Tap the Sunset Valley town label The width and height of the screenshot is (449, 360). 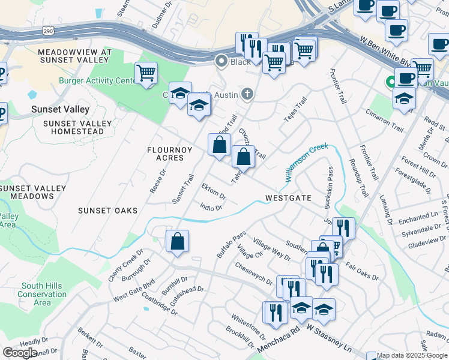pos(61,109)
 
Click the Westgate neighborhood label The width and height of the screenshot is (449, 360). pos(288,197)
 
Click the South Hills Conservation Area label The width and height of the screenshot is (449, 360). pos(42,294)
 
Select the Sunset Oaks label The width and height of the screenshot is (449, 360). pos(107,211)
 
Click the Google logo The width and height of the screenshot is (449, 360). pos(20,353)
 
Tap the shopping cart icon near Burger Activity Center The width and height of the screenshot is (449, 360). pos(146,74)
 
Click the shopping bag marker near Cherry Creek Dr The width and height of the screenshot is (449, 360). pos(177,242)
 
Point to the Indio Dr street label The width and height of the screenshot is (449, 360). pos(211,208)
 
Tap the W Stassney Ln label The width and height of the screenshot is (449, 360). pos(328,338)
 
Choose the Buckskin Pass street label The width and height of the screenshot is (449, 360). pos(329,188)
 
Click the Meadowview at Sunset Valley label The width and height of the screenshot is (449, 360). pos(74,56)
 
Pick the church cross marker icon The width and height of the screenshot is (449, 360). pos(247,94)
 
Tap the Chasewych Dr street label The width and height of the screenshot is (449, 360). pos(255,273)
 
